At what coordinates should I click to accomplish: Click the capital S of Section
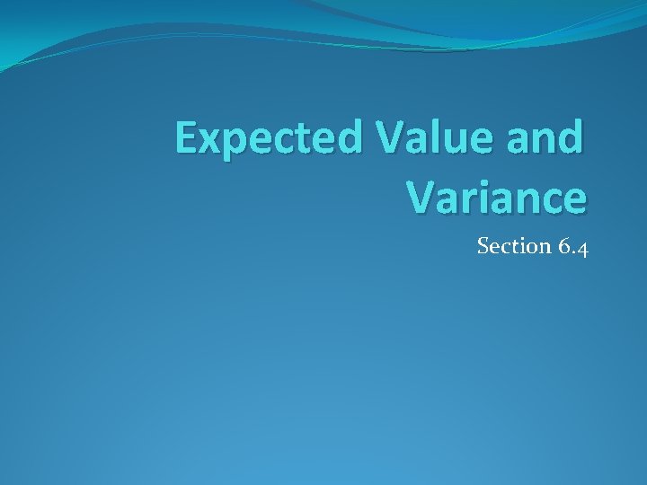coord(483,246)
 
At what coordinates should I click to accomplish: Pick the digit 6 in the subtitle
coord(563,246)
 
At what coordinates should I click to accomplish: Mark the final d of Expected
coord(351,137)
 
